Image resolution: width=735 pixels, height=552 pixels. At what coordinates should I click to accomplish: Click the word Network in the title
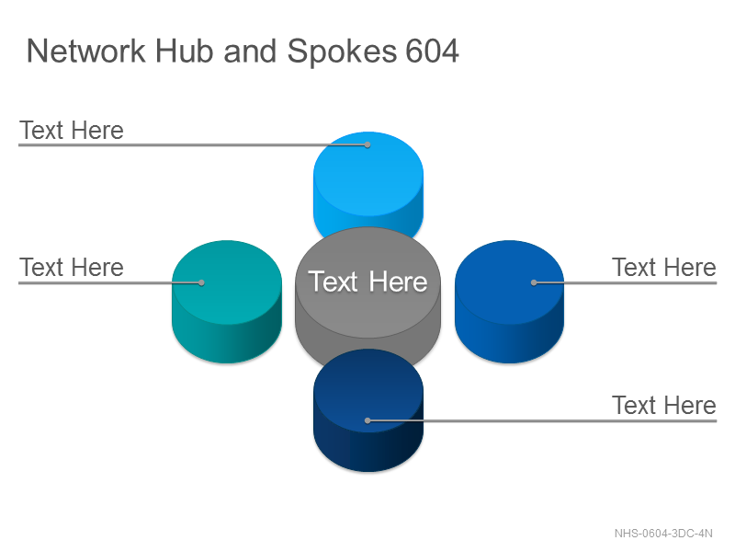pyautogui.click(x=86, y=51)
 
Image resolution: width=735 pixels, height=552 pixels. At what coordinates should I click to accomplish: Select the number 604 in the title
pyautogui.click(x=432, y=51)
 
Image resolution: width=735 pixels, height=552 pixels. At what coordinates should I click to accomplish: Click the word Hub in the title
pyautogui.click(x=185, y=51)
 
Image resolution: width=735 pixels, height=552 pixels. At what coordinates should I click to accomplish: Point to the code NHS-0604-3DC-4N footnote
pyautogui.click(x=663, y=534)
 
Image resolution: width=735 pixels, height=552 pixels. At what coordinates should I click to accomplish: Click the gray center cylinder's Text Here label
pyautogui.click(x=368, y=282)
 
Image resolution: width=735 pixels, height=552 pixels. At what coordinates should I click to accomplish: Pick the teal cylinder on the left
pyautogui.click(x=227, y=302)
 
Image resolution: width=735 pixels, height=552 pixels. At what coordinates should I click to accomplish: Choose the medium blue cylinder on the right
pyautogui.click(x=510, y=302)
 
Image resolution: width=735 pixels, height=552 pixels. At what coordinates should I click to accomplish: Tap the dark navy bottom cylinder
pyautogui.click(x=368, y=410)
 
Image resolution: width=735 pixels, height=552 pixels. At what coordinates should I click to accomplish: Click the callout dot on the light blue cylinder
pyautogui.click(x=368, y=145)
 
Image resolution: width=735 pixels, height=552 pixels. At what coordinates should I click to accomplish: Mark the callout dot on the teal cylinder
pyautogui.click(x=201, y=282)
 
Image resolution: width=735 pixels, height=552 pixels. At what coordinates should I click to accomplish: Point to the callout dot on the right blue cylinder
pyautogui.click(x=534, y=282)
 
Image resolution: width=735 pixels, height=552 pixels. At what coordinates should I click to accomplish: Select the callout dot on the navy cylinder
pyautogui.click(x=368, y=420)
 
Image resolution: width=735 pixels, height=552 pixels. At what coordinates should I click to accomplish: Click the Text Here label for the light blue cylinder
pyautogui.click(x=72, y=130)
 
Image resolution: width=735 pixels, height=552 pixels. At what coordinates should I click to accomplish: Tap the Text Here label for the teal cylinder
pyautogui.click(x=72, y=268)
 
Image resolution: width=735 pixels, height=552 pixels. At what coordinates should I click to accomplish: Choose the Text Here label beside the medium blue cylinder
pyautogui.click(x=664, y=268)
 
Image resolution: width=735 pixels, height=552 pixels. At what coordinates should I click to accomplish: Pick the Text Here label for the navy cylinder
pyautogui.click(x=664, y=405)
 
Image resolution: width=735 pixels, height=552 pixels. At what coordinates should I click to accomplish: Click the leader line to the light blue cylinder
pyautogui.click(x=193, y=145)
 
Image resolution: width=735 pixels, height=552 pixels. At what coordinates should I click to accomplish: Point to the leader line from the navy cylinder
pyautogui.click(x=542, y=420)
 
